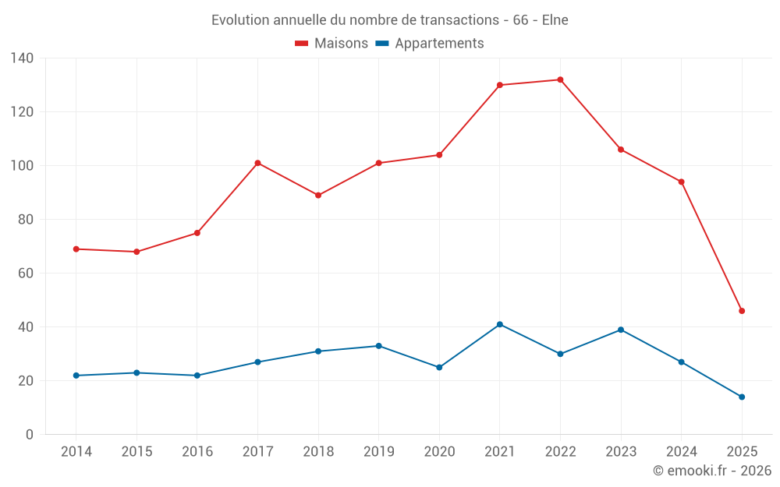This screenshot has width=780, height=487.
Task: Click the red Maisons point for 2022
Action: (x=560, y=79)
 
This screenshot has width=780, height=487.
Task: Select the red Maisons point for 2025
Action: (x=742, y=311)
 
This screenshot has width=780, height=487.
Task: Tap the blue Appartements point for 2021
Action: (x=500, y=324)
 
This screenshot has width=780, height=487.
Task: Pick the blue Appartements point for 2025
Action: (x=742, y=397)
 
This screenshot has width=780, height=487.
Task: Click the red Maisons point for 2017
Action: (x=257, y=163)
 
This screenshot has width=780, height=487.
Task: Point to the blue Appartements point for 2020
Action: (x=439, y=367)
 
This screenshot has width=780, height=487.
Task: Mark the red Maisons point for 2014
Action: (x=76, y=249)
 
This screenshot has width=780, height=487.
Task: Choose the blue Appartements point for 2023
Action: (x=621, y=330)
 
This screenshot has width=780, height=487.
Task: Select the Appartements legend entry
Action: (x=439, y=44)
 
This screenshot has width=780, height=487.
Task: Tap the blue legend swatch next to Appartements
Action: (x=382, y=44)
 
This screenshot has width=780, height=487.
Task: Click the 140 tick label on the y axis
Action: (x=22, y=58)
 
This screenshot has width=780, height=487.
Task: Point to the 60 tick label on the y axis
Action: (x=26, y=273)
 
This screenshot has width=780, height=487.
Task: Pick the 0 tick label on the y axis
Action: (x=30, y=435)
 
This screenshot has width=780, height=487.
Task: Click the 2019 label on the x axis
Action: (x=378, y=452)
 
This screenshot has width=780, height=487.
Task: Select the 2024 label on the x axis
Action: (x=681, y=452)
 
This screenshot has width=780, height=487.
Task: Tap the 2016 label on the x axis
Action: (x=197, y=452)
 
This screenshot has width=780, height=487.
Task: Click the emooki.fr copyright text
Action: (x=712, y=471)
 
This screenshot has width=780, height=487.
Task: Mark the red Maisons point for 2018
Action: (x=318, y=195)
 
